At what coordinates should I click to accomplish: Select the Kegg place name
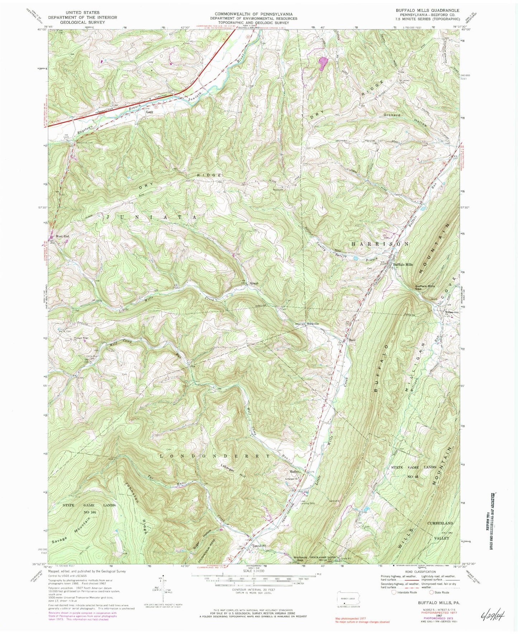point(149,112)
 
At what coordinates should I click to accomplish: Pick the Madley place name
point(295,471)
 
